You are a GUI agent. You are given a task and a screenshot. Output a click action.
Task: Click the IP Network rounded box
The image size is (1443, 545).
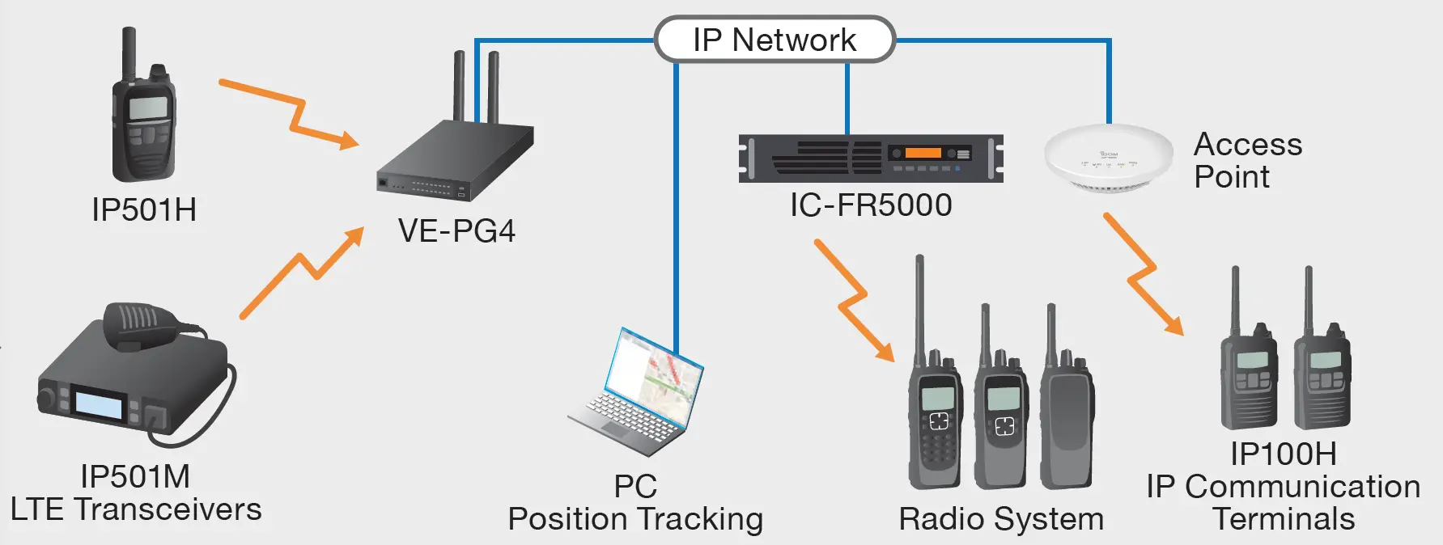774,40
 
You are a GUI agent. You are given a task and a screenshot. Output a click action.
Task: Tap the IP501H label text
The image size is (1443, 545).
144,210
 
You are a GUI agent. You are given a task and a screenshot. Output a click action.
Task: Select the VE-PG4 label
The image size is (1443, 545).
456,231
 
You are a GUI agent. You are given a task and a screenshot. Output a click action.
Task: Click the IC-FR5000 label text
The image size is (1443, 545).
871,205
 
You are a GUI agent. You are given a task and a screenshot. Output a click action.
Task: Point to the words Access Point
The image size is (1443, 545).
1246,160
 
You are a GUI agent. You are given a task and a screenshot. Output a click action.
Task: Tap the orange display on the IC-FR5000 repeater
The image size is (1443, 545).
923,153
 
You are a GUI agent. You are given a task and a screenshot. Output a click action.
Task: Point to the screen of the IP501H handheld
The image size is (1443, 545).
148,108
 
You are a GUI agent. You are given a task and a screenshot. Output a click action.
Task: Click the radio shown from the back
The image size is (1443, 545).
1067,420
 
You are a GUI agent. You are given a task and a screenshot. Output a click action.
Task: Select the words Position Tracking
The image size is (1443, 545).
635,519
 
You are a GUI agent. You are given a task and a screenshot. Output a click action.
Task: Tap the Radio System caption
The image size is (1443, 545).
1001,519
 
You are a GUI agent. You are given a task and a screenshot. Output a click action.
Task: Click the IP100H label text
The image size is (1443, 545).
1283,454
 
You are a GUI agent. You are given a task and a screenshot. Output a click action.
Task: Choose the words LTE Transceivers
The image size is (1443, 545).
136,509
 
